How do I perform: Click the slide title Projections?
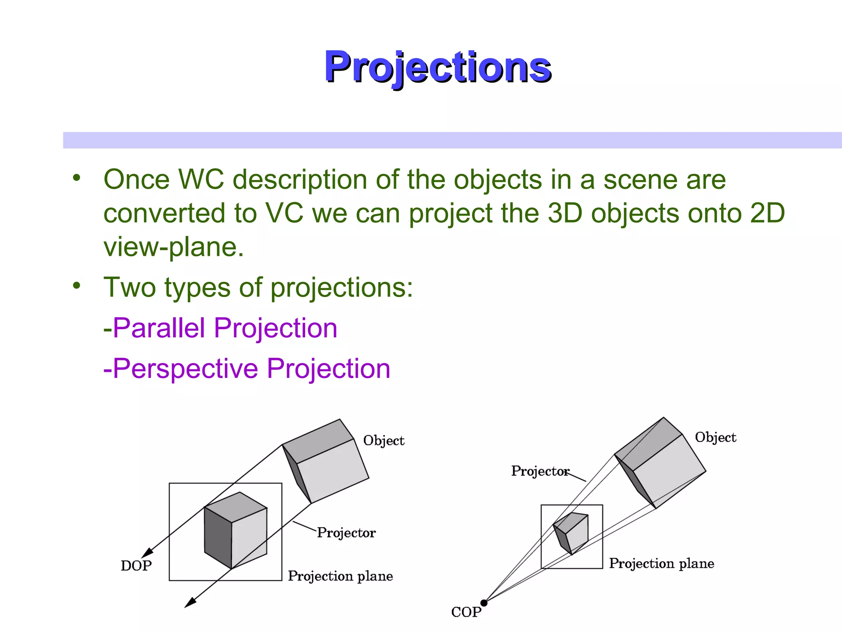[x=437, y=67]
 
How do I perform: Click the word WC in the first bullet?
[x=201, y=180]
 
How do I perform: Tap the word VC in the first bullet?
[x=284, y=213]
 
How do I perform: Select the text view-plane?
[x=173, y=247]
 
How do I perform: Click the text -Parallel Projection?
[x=220, y=328]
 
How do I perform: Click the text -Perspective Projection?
[x=247, y=368]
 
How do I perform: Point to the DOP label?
[x=136, y=566]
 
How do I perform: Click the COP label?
[x=466, y=612]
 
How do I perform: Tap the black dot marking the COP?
[x=484, y=603]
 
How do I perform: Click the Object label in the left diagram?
[x=384, y=441]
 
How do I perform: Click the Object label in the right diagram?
[x=715, y=438]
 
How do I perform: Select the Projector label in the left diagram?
[x=346, y=533]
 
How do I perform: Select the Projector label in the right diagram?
[x=540, y=471]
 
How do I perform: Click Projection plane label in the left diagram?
[x=340, y=576]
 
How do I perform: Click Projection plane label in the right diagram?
[x=661, y=563]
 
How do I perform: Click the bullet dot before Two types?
[x=76, y=286]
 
